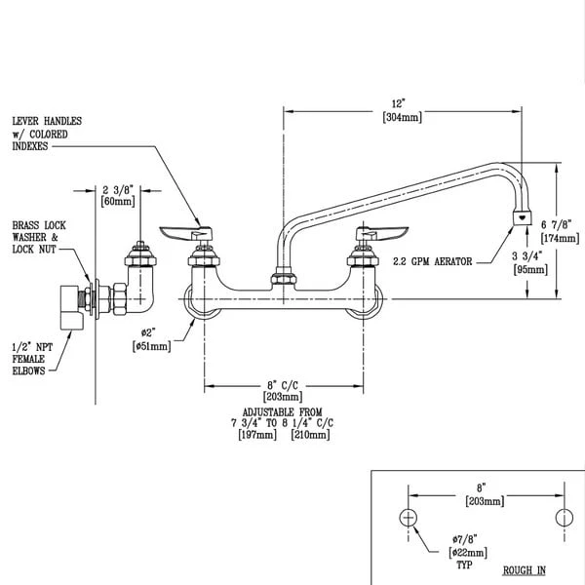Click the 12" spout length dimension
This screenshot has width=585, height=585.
(x=397, y=100)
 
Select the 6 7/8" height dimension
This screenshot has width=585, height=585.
(x=560, y=224)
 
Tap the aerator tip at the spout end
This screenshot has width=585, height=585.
(x=524, y=217)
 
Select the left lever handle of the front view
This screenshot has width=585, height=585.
(x=185, y=231)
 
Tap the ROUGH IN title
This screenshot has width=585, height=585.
(x=524, y=569)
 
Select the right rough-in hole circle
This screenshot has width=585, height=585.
(x=562, y=517)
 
